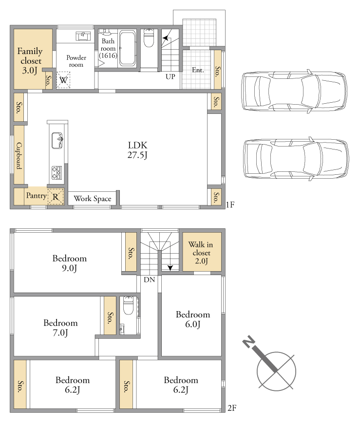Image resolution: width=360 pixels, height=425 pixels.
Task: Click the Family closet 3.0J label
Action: click(30, 61)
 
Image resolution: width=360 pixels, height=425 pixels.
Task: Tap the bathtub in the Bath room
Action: click(128, 48)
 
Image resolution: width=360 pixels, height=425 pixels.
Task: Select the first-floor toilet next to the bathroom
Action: click(149, 37)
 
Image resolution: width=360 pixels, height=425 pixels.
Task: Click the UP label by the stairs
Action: click(171, 77)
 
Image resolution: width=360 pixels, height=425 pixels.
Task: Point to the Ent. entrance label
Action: click(198, 70)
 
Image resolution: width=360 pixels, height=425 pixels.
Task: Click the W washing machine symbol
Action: click(63, 80)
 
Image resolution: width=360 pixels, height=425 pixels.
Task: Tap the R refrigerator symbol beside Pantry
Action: click(56, 197)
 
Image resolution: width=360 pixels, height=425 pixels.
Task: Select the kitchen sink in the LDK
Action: click(57, 140)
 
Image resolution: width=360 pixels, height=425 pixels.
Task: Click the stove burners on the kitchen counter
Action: click(57, 173)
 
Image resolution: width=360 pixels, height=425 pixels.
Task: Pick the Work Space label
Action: click(93, 199)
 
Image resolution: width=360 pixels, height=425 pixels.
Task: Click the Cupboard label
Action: click(19, 156)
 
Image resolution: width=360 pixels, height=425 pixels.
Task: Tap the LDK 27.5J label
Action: click(137, 150)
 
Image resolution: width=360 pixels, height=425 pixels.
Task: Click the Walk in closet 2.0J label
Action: click(201, 253)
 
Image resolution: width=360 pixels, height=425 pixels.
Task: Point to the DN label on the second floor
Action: click(149, 280)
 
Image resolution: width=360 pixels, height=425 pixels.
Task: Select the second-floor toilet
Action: click(128, 306)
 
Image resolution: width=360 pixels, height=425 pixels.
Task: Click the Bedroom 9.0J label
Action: click(70, 263)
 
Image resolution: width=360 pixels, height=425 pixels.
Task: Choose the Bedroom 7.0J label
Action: click(60, 328)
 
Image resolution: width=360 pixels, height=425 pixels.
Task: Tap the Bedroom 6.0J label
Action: click(193, 319)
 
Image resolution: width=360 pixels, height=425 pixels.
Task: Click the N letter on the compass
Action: click(249, 342)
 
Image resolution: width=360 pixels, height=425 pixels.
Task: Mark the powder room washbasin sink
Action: click(83, 36)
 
